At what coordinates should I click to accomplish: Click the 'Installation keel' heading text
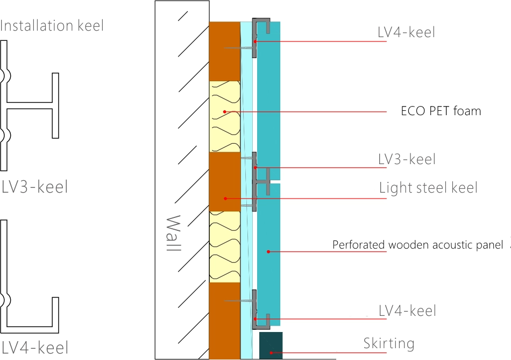point(52,25)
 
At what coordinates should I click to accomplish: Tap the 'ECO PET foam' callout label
point(441,111)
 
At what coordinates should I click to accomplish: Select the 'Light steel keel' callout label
point(428,188)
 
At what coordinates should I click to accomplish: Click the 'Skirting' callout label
point(389,343)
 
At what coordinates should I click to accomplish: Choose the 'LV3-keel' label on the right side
point(407,159)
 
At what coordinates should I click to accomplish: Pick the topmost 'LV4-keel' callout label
point(406,32)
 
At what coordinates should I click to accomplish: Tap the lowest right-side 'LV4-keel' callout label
point(407,311)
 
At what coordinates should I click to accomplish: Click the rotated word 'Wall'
point(173,235)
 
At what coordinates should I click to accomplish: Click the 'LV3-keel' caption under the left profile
point(35,187)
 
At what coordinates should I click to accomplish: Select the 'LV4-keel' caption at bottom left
point(35,348)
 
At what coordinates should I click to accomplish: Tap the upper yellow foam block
point(224,116)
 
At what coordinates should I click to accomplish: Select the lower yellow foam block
point(224,246)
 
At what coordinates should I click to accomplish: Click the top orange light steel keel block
point(224,51)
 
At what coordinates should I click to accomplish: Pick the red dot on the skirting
point(272,354)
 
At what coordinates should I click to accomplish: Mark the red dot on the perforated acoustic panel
point(268,251)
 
